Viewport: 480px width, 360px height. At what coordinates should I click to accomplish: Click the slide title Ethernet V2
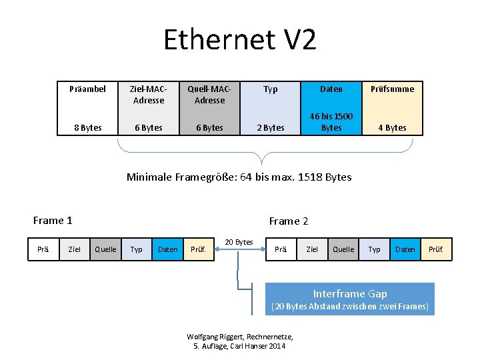240,40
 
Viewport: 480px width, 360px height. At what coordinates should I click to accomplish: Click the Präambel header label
87,89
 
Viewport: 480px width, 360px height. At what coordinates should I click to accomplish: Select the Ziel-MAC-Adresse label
149,95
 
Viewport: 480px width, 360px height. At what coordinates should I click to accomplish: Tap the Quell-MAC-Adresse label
209,95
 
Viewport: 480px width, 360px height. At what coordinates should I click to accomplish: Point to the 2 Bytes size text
271,127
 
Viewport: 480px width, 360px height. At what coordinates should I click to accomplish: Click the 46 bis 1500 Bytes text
331,122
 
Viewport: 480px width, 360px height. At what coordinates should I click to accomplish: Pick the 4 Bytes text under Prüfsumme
393,127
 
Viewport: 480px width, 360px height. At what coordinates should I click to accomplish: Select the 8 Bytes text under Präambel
87,127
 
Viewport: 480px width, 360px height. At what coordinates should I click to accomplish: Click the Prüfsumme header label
393,89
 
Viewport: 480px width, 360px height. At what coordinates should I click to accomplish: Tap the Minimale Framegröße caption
239,177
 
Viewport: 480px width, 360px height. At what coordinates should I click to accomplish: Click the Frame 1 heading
53,221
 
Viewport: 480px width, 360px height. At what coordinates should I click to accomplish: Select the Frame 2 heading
289,221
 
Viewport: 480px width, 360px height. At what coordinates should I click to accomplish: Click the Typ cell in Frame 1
136,249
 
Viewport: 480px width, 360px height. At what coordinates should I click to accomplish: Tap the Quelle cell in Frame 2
343,249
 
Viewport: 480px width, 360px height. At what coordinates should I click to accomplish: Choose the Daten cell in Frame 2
405,249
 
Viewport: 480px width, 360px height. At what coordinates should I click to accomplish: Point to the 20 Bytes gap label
239,241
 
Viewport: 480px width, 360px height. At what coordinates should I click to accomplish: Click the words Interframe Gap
350,293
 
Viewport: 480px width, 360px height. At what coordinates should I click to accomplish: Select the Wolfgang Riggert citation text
240,341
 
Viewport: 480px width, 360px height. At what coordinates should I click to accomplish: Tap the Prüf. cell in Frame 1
198,249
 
